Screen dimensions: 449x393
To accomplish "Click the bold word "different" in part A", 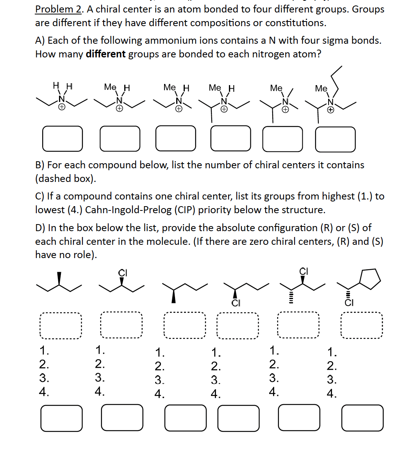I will [105, 54].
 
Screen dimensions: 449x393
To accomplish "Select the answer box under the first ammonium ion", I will [63, 138].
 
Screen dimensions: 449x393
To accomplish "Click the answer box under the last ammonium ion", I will [335, 139].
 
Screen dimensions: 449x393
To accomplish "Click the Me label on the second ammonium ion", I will [110, 87].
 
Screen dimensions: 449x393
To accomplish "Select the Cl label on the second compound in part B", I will [122, 272].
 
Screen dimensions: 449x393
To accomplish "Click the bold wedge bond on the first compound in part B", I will [59, 279].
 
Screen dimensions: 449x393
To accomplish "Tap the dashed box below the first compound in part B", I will [60, 326].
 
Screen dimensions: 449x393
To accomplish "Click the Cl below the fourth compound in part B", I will [235, 303].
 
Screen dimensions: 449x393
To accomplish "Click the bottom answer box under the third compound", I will [185, 418].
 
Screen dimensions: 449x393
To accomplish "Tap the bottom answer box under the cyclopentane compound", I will [362, 418].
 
